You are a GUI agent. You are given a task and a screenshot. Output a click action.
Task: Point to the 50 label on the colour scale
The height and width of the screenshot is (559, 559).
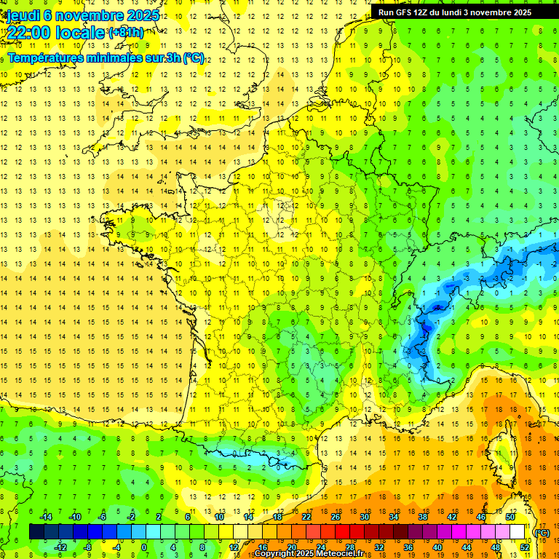510,517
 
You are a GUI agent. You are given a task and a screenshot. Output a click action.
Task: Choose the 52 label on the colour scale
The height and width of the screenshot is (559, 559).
525,547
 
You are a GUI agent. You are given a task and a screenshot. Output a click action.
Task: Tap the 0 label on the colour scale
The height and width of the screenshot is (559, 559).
144,547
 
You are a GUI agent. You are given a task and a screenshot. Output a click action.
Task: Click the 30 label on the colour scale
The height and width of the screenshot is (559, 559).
364,517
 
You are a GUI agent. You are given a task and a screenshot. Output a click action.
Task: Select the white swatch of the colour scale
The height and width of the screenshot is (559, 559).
518,532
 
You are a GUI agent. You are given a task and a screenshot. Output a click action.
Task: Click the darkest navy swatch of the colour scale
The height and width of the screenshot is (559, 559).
36,532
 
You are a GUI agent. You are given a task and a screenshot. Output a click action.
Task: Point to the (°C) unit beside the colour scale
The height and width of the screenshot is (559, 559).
542,533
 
